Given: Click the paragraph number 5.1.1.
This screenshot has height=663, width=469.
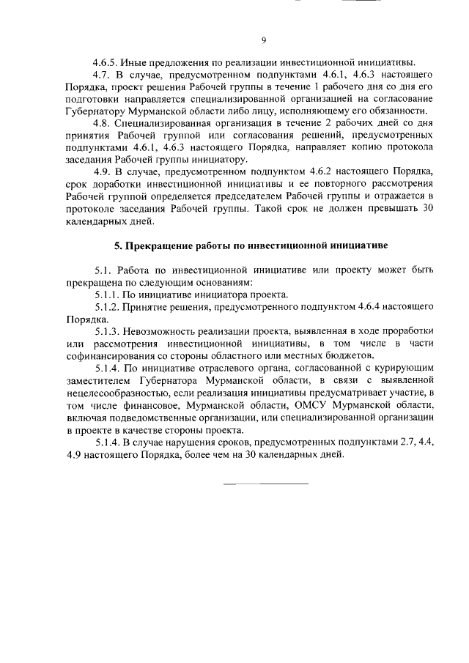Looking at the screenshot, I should coord(108,295).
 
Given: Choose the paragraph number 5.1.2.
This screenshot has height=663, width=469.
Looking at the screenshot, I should coord(108,308).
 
